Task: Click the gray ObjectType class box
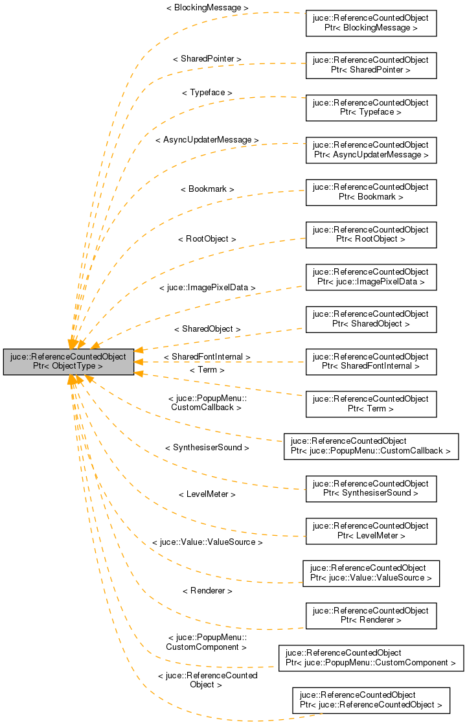click(69, 362)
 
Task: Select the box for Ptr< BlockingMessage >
click(370, 23)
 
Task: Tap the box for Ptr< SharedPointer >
click(370, 65)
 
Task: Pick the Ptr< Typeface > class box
click(370, 108)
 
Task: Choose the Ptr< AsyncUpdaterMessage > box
click(370, 150)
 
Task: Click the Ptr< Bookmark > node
click(370, 192)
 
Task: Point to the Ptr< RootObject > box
click(370, 235)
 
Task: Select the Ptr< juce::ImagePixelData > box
click(370, 277)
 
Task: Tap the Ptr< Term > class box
click(370, 404)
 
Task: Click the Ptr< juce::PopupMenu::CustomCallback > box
click(370, 446)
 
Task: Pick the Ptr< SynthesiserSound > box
click(370, 489)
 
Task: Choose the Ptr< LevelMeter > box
click(370, 531)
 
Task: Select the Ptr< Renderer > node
click(370, 616)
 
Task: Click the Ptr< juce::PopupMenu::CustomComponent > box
click(370, 658)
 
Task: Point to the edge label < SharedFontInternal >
click(207, 357)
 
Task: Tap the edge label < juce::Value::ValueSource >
click(207, 542)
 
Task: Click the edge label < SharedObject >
click(207, 329)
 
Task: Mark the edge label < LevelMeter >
click(207, 494)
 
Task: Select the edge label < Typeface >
click(207, 93)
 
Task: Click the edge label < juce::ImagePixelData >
click(207, 287)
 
